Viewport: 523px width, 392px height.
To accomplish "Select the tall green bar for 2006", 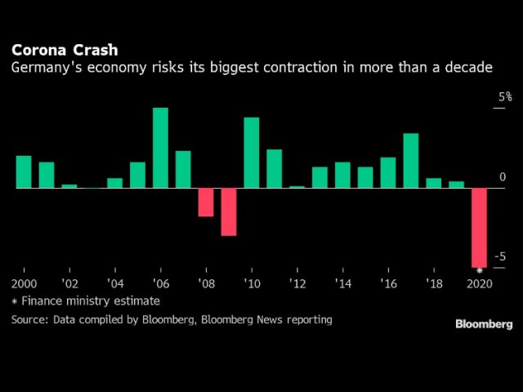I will pyautogui.click(x=160, y=148).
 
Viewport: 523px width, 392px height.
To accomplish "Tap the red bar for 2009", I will pyautogui.click(x=229, y=212).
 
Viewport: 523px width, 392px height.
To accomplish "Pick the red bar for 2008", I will pyautogui.click(x=206, y=202).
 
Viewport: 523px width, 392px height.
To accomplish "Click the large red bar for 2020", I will pyautogui.click(x=479, y=227).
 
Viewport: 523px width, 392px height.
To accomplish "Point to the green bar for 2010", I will pyautogui.click(x=252, y=153).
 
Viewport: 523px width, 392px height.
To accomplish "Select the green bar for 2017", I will pyautogui.click(x=411, y=160).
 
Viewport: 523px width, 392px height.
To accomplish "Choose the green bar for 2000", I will pyautogui.click(x=24, y=171).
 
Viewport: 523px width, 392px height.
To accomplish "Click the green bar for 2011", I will pyautogui.click(x=275, y=168).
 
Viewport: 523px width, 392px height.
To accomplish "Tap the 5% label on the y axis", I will pyautogui.click(x=506, y=97).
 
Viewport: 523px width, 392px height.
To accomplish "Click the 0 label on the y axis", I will pyautogui.click(x=503, y=177).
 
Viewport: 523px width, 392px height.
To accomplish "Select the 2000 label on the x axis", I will pyautogui.click(x=25, y=283).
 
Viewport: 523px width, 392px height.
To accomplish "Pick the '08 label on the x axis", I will pyautogui.click(x=206, y=283).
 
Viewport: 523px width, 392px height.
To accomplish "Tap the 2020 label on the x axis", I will pyautogui.click(x=479, y=283).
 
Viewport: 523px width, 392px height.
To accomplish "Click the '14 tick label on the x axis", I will pyautogui.click(x=342, y=283).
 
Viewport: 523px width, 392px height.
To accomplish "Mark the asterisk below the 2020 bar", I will pyautogui.click(x=480, y=270).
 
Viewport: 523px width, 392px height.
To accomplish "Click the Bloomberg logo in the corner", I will pyautogui.click(x=484, y=324).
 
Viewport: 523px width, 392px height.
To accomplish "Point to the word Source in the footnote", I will pyautogui.click(x=29, y=319).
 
